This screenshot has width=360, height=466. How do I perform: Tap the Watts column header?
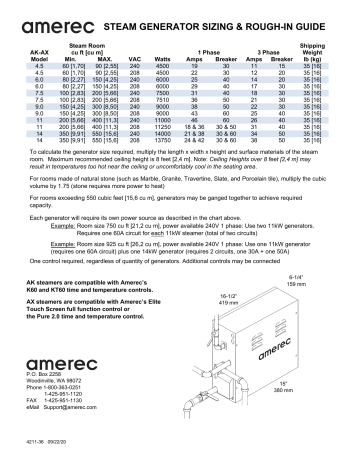point(168,59)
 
